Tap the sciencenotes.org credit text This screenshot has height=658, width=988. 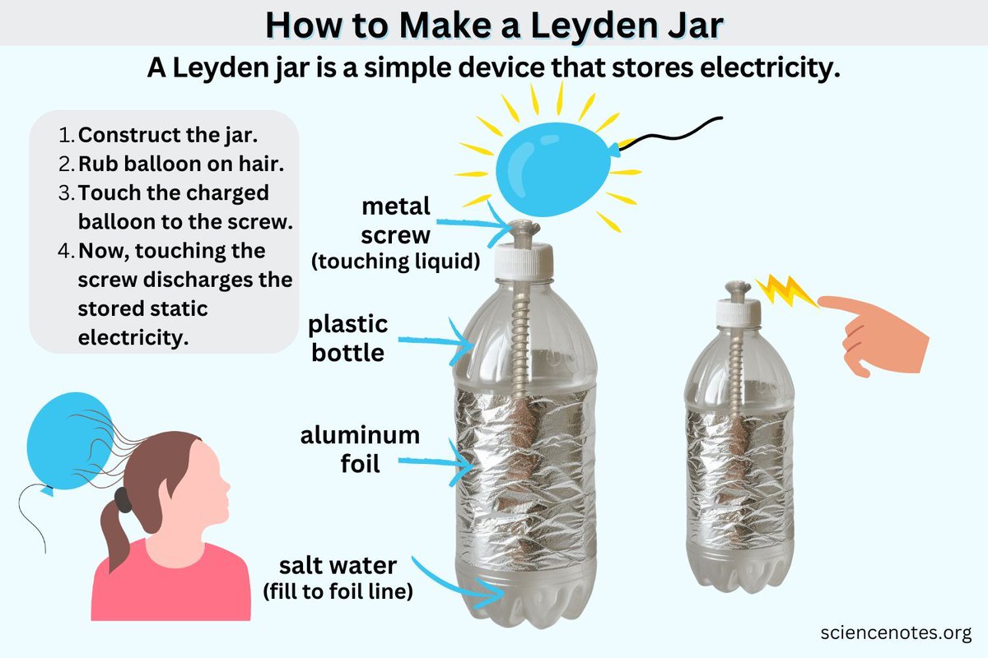pyautogui.click(x=896, y=633)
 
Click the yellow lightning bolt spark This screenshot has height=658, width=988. pyautogui.click(x=787, y=290)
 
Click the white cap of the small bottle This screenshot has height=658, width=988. pyautogui.click(x=738, y=313)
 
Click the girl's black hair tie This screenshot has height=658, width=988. pyautogui.click(x=123, y=500)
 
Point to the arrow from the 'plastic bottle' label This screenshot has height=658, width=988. pyautogui.click(x=436, y=341)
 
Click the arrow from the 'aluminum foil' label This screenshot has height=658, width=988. pyautogui.click(x=436, y=462)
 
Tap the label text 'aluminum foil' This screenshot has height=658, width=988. pyautogui.click(x=360, y=449)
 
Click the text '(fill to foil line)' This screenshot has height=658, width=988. pyautogui.click(x=338, y=591)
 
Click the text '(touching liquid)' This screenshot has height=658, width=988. pyautogui.click(x=396, y=261)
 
